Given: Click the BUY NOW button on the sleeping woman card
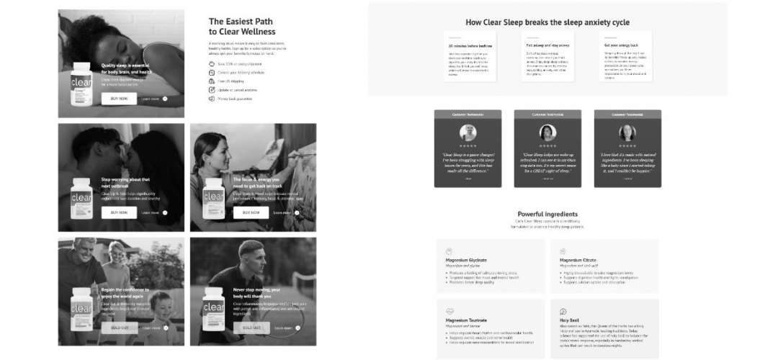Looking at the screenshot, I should pyautogui.click(x=119, y=99).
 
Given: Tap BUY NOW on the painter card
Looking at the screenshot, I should pyautogui.click(x=251, y=212).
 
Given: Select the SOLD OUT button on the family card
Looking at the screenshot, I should pyautogui.click(x=119, y=328).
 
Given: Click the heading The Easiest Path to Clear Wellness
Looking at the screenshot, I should pyautogui.click(x=242, y=27).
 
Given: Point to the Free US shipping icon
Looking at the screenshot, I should pyautogui.click(x=211, y=81).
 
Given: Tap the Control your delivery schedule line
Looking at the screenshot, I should pyautogui.click(x=241, y=73).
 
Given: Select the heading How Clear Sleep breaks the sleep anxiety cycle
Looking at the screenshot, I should pyautogui.click(x=547, y=22).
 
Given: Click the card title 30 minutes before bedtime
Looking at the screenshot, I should pyautogui.click(x=470, y=45).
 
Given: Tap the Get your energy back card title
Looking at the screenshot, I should pyautogui.click(x=620, y=45).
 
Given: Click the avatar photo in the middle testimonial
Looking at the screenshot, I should pyautogui.click(x=547, y=132).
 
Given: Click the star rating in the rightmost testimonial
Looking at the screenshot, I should pyautogui.click(x=627, y=146).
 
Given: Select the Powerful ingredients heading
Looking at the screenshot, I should pyautogui.click(x=547, y=214).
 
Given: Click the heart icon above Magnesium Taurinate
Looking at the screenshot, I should pyautogui.click(x=450, y=312).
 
